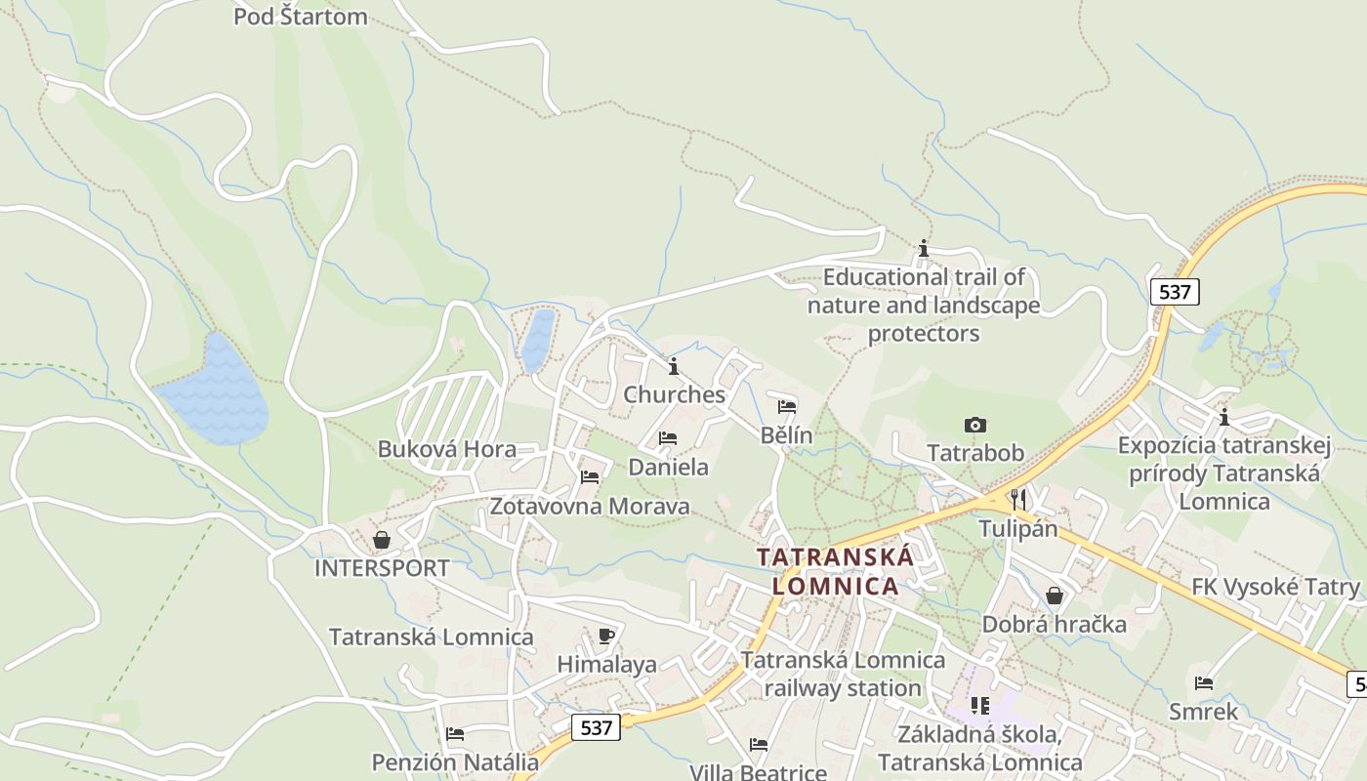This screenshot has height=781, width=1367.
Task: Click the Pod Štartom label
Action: point(300,17)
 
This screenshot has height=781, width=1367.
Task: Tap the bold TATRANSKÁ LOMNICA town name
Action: point(835,571)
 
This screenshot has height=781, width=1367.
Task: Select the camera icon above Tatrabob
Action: point(974,425)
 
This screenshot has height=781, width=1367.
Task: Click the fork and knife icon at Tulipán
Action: point(1018,499)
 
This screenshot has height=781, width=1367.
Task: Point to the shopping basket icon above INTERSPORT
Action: point(382,539)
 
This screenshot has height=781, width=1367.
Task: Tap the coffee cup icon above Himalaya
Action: point(606,636)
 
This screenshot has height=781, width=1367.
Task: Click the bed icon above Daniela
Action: point(668,437)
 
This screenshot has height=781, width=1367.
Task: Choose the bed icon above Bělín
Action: point(787,406)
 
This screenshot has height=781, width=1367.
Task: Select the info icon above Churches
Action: point(674,366)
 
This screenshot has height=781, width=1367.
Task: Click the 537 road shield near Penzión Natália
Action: point(596,727)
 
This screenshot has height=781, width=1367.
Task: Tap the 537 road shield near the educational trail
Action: point(1174,291)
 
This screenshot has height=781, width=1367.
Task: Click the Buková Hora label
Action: point(447,450)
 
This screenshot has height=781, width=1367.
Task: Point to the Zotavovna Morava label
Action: point(590,507)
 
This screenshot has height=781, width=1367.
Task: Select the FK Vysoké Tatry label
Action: point(1275,587)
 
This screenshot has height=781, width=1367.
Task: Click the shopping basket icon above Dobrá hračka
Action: point(1055,595)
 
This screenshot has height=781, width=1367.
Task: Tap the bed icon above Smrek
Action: point(1204,682)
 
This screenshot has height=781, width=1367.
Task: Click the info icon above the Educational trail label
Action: point(924,248)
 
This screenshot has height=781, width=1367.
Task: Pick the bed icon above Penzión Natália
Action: point(455,733)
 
